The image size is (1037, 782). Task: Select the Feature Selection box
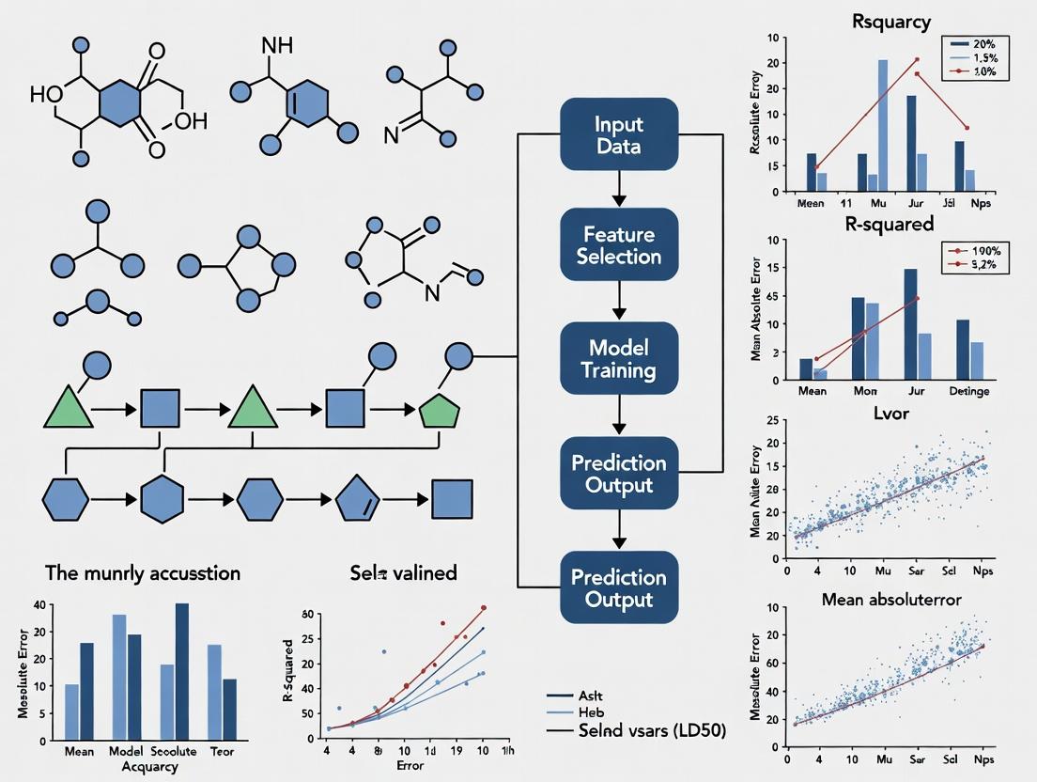click(618, 245)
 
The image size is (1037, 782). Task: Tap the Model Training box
click(618, 357)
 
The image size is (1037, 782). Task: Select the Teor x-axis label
click(222, 752)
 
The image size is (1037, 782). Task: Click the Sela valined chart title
click(390, 572)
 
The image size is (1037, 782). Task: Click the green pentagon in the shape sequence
click(437, 410)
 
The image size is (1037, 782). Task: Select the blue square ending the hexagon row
click(451, 498)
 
